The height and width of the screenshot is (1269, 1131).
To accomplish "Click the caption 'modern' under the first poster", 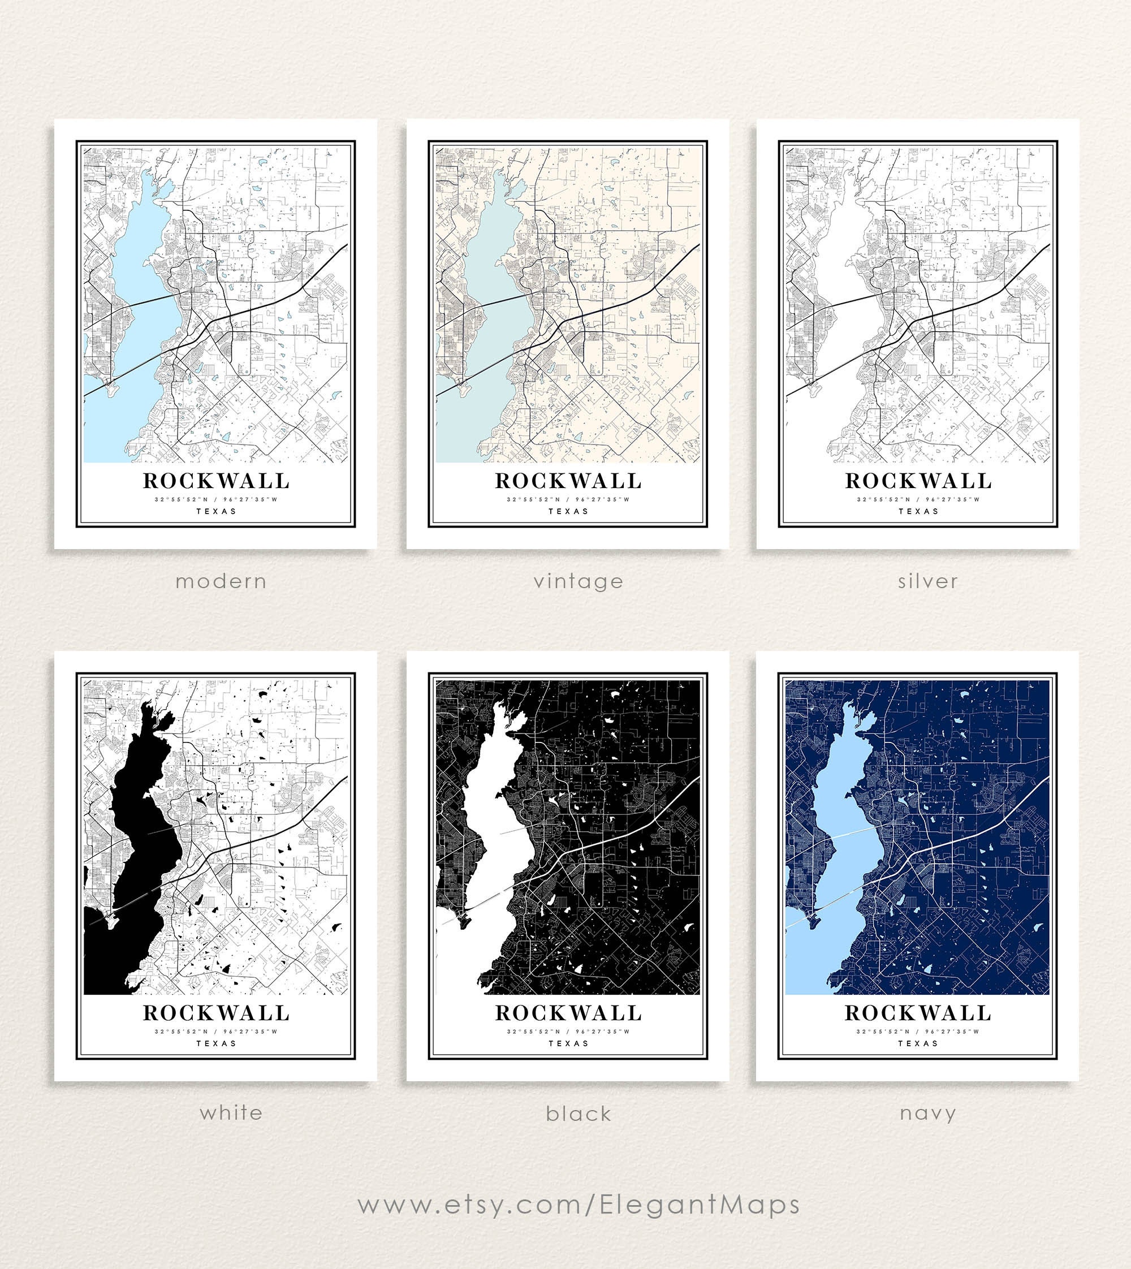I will point(221,582).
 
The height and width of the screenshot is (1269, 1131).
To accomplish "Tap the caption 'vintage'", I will point(578,582).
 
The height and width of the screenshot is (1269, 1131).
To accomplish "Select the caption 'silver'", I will point(928,582).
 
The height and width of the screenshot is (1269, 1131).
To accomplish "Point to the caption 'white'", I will point(231,1112).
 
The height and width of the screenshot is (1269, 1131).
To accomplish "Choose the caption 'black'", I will point(579,1113).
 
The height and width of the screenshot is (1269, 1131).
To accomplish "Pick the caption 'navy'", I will point(928,1113).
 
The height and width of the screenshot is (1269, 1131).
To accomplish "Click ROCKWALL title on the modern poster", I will point(216,481).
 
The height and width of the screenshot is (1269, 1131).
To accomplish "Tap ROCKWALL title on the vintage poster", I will point(568,481).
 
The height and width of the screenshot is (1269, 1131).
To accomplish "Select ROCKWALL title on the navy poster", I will point(917,1013).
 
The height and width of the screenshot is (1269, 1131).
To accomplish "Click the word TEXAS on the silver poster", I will point(918,511).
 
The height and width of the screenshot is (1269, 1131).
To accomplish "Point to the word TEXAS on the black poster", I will point(568,1043).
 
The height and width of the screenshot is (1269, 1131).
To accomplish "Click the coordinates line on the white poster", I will point(216,1031).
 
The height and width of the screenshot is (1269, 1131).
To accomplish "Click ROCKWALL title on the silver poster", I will point(918,481).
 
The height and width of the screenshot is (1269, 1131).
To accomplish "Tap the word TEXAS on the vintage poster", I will point(568,511).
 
